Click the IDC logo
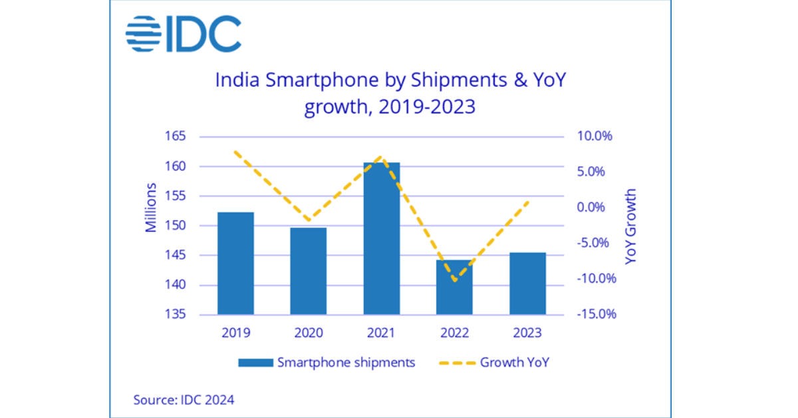click(x=183, y=34)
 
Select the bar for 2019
click(x=235, y=263)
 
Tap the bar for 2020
click(x=309, y=271)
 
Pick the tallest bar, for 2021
click(x=382, y=238)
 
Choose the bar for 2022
click(x=454, y=287)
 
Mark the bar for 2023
click(x=527, y=284)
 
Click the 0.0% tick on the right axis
click(x=591, y=208)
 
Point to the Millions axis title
click(x=151, y=207)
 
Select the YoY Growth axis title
click(x=631, y=226)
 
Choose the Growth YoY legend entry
click(x=495, y=363)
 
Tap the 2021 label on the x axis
click(x=382, y=332)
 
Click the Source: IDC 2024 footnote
click(x=184, y=400)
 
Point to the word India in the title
click(x=237, y=81)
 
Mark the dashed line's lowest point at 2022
click(x=455, y=280)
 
